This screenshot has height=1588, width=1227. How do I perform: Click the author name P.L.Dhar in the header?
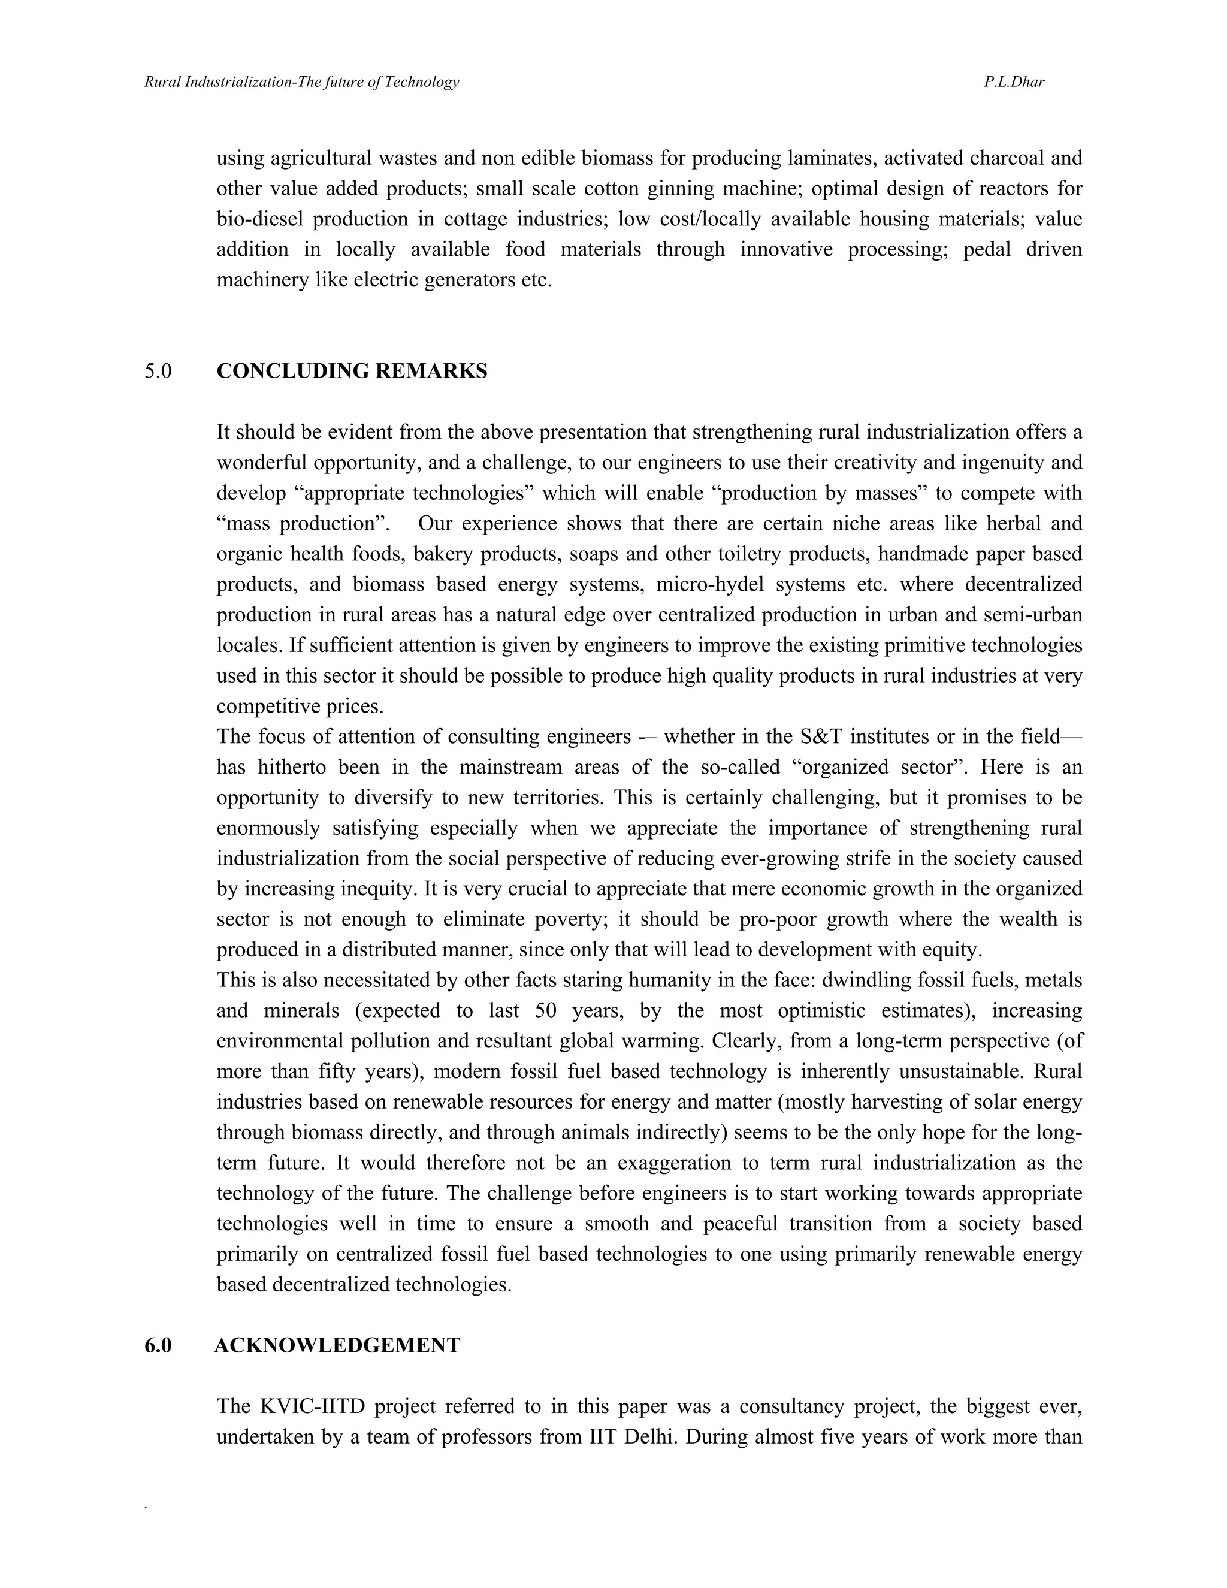tap(1014, 82)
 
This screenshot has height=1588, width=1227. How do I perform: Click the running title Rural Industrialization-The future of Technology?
tap(302, 82)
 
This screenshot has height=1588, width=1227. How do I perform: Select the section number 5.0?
tap(158, 371)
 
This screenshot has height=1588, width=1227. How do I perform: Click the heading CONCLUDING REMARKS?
tap(352, 371)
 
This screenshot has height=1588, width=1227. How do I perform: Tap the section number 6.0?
tap(158, 1345)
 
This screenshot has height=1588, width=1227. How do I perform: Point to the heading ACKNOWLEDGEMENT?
tap(337, 1345)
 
